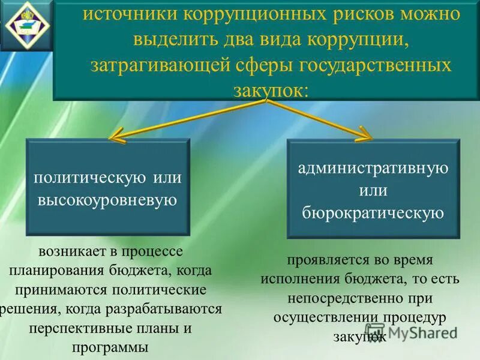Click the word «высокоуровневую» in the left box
tap(108, 200)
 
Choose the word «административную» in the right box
tap(373, 167)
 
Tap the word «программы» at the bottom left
tap(109, 347)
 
